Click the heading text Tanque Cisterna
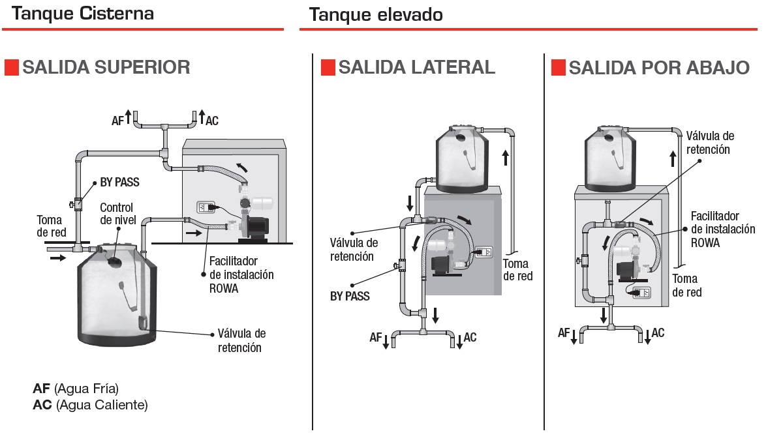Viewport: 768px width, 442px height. click(x=83, y=13)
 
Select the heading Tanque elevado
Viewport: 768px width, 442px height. click(x=376, y=14)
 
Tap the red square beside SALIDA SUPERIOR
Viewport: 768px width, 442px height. click(x=11, y=67)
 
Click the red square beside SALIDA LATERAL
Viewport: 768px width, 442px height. click(x=328, y=67)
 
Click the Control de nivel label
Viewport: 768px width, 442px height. click(x=116, y=214)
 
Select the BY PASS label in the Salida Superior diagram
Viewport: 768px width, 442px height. click(x=119, y=183)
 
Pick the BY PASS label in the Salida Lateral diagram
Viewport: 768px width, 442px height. click(x=349, y=297)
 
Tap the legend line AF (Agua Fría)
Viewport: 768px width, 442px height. click(x=76, y=389)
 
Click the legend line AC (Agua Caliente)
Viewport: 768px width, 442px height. click(x=90, y=405)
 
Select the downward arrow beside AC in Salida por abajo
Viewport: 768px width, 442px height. click(x=647, y=336)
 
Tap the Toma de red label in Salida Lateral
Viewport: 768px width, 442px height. click(x=517, y=270)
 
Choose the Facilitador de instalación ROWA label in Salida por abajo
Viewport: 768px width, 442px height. click(x=723, y=228)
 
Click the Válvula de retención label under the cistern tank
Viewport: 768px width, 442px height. click(x=241, y=340)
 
